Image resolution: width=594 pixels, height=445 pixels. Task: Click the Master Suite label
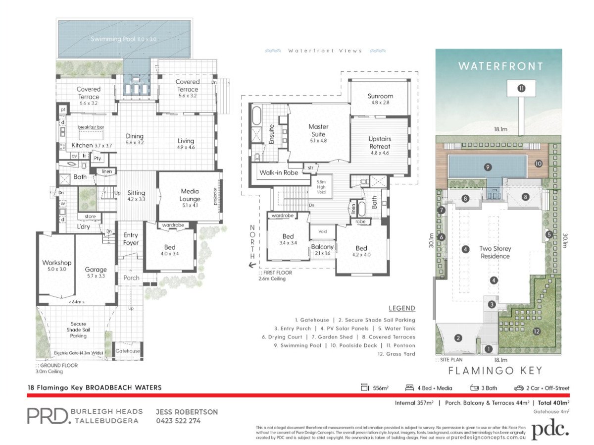point(318,130)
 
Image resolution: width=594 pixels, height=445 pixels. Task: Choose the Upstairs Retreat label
point(380,143)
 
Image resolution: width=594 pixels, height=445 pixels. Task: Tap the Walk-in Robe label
point(277,173)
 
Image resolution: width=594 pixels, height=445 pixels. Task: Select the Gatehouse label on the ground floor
point(128,351)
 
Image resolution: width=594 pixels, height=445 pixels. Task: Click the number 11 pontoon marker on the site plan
point(521,89)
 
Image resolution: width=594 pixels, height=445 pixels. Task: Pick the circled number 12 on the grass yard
point(536,331)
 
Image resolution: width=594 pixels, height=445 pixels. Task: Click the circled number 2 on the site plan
point(458,338)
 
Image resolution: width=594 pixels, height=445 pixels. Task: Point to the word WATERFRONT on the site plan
point(500,66)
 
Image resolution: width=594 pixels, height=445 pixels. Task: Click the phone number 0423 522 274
point(178,421)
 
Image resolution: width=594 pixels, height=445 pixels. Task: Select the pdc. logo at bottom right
point(550,429)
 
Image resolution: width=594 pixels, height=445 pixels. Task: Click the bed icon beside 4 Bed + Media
point(410,388)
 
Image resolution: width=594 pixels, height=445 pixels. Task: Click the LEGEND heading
point(401,308)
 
